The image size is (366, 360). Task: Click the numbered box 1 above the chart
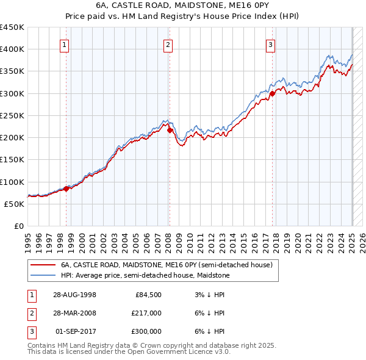tap(65, 44)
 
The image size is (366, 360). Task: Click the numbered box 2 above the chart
tap(168, 44)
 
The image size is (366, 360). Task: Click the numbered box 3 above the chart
tap(270, 44)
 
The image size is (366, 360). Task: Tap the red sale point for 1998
tap(66, 189)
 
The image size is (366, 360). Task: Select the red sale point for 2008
tap(170, 130)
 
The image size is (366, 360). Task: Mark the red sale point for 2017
tap(273, 93)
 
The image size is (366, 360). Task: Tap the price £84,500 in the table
tap(148, 295)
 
